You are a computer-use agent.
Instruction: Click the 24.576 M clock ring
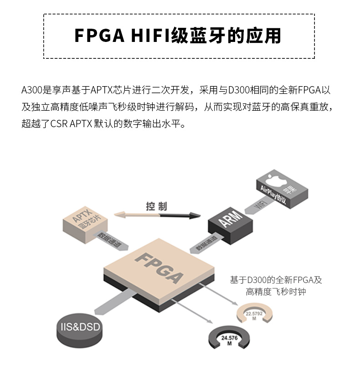pyautogui.click(x=230, y=339)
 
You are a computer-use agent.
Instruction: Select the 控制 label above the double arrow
pyautogui.click(x=157, y=206)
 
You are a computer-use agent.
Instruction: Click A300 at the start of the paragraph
pyautogui.click(x=31, y=90)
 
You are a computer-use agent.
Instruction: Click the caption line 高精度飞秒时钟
pyautogui.click(x=276, y=292)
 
